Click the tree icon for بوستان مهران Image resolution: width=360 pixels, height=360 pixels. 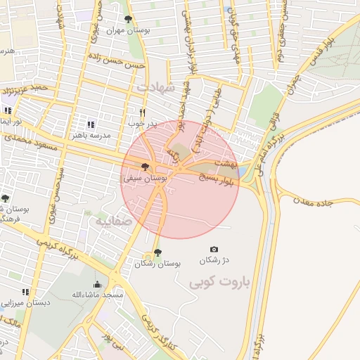[x=127, y=20]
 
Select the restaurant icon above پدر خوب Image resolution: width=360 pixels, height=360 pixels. [x=143, y=112]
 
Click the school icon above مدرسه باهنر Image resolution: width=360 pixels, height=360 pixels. [x=90, y=124]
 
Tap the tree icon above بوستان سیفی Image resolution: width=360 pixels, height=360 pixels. [x=145, y=167]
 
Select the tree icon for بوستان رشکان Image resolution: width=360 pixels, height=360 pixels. [x=157, y=252]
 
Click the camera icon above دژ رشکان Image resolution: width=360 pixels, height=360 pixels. [x=214, y=250]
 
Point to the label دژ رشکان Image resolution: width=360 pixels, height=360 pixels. [x=214, y=261]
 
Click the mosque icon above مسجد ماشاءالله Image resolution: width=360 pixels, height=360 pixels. [x=97, y=284]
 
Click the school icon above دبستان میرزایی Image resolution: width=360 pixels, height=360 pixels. [x=25, y=292]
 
